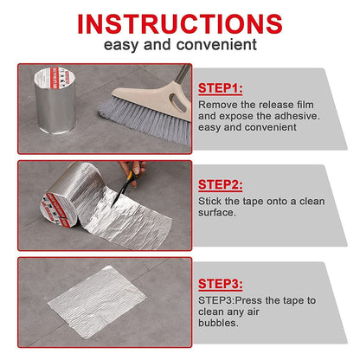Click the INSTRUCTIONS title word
pyautogui.click(x=179, y=22)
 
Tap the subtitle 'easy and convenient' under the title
pyautogui.click(x=179, y=44)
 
